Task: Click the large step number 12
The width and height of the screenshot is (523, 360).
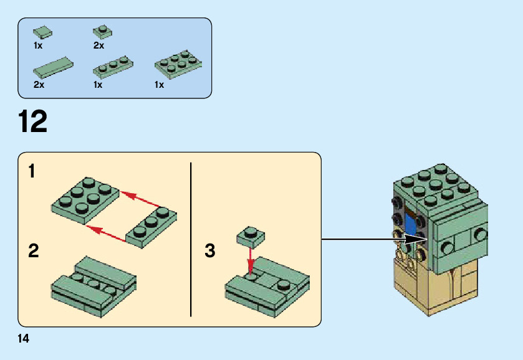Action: click(x=34, y=121)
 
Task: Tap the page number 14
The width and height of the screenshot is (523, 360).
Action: click(x=24, y=338)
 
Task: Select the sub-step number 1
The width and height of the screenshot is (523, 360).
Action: click(x=32, y=171)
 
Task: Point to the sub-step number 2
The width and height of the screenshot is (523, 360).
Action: click(x=34, y=252)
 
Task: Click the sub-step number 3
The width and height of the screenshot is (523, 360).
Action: click(x=210, y=252)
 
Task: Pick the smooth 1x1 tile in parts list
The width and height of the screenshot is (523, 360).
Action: click(x=42, y=31)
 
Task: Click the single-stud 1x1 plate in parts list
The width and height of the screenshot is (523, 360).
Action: click(x=102, y=31)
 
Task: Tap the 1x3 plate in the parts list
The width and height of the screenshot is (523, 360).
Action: click(x=113, y=65)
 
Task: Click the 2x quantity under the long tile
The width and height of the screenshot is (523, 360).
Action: click(x=39, y=85)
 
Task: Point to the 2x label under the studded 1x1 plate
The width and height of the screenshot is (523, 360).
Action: click(x=98, y=45)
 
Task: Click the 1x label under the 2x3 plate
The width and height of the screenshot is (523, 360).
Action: click(x=160, y=85)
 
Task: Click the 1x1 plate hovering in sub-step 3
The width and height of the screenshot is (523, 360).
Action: click(x=251, y=236)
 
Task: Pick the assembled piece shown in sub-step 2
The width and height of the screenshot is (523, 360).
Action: click(x=94, y=283)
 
